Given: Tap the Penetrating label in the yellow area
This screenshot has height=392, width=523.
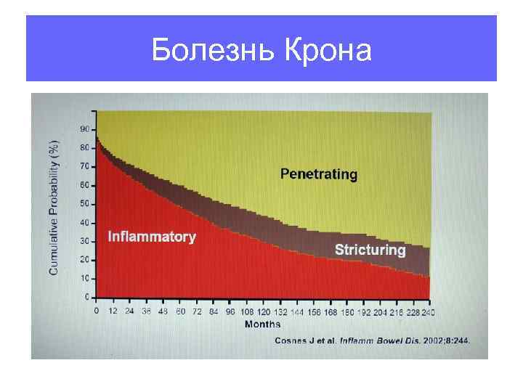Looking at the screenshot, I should pos(319,174).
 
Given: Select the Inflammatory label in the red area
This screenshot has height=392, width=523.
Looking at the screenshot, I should pos(151,237).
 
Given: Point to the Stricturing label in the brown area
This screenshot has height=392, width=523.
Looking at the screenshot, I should pos(370,250).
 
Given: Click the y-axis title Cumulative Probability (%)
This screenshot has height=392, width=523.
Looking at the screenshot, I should pos(55,207).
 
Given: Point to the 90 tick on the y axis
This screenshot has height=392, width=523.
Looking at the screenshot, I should pos(84,129).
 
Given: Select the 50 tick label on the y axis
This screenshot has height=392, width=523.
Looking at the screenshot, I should pos(84,204).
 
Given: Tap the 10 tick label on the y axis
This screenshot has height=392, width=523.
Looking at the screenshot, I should pos(84,279).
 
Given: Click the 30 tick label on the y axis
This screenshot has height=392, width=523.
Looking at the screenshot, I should pos(84,241).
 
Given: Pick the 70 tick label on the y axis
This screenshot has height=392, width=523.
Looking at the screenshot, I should pos(84,166).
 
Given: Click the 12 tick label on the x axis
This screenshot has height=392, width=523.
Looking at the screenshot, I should pos(113,311).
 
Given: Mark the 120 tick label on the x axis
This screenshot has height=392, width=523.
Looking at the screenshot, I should pos(262,311).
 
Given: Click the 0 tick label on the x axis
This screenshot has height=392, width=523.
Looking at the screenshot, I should pos(97,311).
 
